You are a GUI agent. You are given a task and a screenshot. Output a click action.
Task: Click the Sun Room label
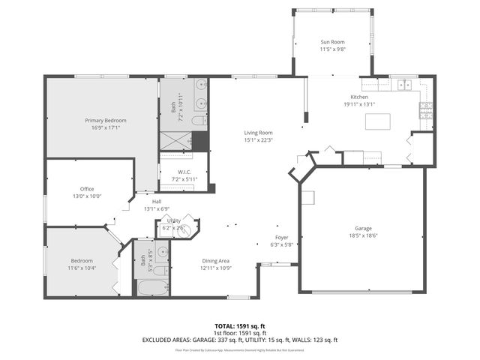331,43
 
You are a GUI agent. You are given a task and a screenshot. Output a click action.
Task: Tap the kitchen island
379,121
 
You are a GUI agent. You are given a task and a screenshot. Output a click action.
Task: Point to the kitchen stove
426,112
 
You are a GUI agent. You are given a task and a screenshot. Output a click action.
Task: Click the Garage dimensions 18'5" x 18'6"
362,235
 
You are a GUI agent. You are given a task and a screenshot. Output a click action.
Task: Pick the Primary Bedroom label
105,121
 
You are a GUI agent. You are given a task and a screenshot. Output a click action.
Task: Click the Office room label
87,189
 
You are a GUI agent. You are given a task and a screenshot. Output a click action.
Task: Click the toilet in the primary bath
198,121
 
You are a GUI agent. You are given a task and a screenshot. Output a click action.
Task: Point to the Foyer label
282,238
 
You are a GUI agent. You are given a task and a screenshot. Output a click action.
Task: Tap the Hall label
157,202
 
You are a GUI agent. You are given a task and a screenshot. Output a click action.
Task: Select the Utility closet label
175,220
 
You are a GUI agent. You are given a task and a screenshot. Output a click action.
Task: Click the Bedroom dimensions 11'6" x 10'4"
82,268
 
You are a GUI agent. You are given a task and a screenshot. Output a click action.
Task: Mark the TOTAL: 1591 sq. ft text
239,326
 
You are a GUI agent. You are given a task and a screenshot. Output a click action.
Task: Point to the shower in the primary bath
175,139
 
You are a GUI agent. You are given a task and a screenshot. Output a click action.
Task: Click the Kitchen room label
360,98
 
